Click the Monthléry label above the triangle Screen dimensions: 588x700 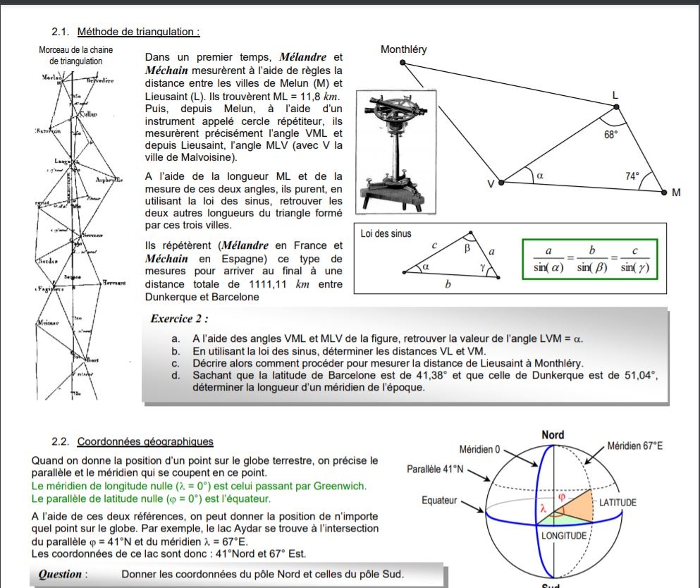point(403,49)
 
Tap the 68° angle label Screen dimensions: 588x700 point(610,133)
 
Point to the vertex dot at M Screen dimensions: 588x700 point(663,192)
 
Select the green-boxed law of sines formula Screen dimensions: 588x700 point(589,260)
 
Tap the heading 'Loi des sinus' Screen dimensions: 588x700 point(386,233)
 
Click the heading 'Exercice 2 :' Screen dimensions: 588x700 point(180,319)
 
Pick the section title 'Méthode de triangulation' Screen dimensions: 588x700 point(138,31)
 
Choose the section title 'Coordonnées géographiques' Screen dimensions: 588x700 point(145,442)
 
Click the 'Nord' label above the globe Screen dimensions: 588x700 point(553,435)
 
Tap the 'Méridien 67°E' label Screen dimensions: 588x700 point(635,446)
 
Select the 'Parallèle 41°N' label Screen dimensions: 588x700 point(436,469)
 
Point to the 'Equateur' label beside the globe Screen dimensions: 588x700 point(440,501)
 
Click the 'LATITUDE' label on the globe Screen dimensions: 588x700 point(618,503)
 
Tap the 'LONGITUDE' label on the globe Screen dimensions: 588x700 point(564,536)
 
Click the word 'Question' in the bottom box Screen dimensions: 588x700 point(60,574)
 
